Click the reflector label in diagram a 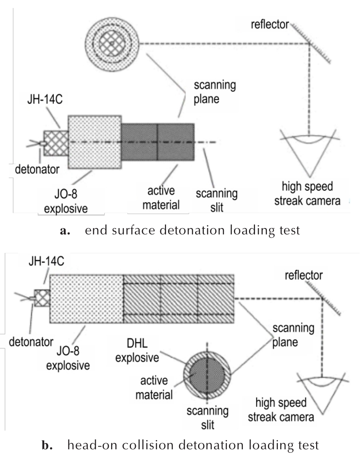270,24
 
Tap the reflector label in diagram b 304,275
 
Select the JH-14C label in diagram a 45,99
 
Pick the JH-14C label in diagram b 46,261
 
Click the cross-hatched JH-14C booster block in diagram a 56,143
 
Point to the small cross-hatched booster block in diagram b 42,298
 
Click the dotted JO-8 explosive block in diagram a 95,142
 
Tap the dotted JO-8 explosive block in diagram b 87,299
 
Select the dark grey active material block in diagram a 158,142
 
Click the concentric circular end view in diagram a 112,44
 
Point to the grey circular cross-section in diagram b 207,375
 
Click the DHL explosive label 137,351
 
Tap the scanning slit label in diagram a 217,200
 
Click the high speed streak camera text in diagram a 307,193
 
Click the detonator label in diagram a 37,169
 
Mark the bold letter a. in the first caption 65,230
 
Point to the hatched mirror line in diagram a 310,44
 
